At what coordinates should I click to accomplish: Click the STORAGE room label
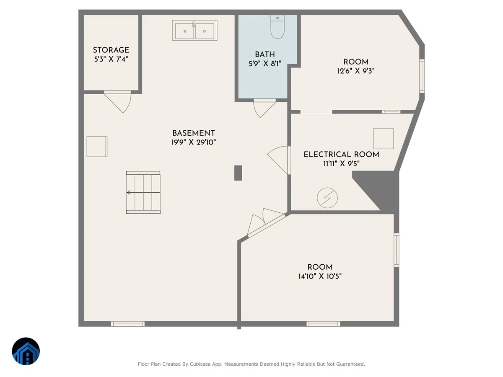[111, 50]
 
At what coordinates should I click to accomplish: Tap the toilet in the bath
[277, 26]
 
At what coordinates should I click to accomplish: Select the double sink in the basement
[194, 31]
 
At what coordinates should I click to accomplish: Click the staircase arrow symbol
[129, 193]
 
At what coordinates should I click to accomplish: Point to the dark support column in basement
[238, 173]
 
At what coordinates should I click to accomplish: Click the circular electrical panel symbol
[327, 198]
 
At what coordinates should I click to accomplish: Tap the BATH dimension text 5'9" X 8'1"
[265, 64]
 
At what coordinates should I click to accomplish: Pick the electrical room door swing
[278, 160]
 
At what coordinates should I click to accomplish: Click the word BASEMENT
[193, 133]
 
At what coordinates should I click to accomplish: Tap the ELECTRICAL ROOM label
[341, 155]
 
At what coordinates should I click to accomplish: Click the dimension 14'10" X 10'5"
[320, 276]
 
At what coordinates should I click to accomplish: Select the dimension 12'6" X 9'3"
[355, 71]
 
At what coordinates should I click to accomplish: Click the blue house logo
[26, 351]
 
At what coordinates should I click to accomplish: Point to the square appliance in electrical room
[384, 139]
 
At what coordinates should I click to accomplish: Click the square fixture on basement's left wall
[97, 147]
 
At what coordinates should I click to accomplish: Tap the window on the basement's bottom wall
[128, 324]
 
